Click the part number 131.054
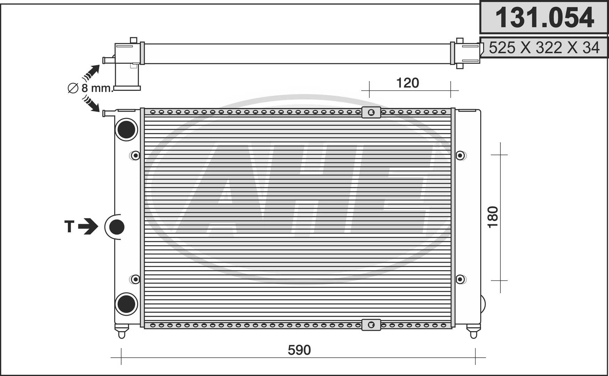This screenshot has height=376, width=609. click(x=544, y=18)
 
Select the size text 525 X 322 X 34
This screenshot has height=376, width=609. click(x=544, y=48)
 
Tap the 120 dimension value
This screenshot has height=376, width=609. click(x=408, y=83)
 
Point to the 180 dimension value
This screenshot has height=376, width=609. click(x=493, y=217)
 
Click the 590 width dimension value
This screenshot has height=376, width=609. click(x=299, y=350)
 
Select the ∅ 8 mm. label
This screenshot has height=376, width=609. click(x=90, y=88)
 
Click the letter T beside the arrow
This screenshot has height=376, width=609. click(x=69, y=226)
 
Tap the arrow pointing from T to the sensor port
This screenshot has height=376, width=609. click(x=88, y=226)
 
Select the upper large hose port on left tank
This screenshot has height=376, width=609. click(x=126, y=130)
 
